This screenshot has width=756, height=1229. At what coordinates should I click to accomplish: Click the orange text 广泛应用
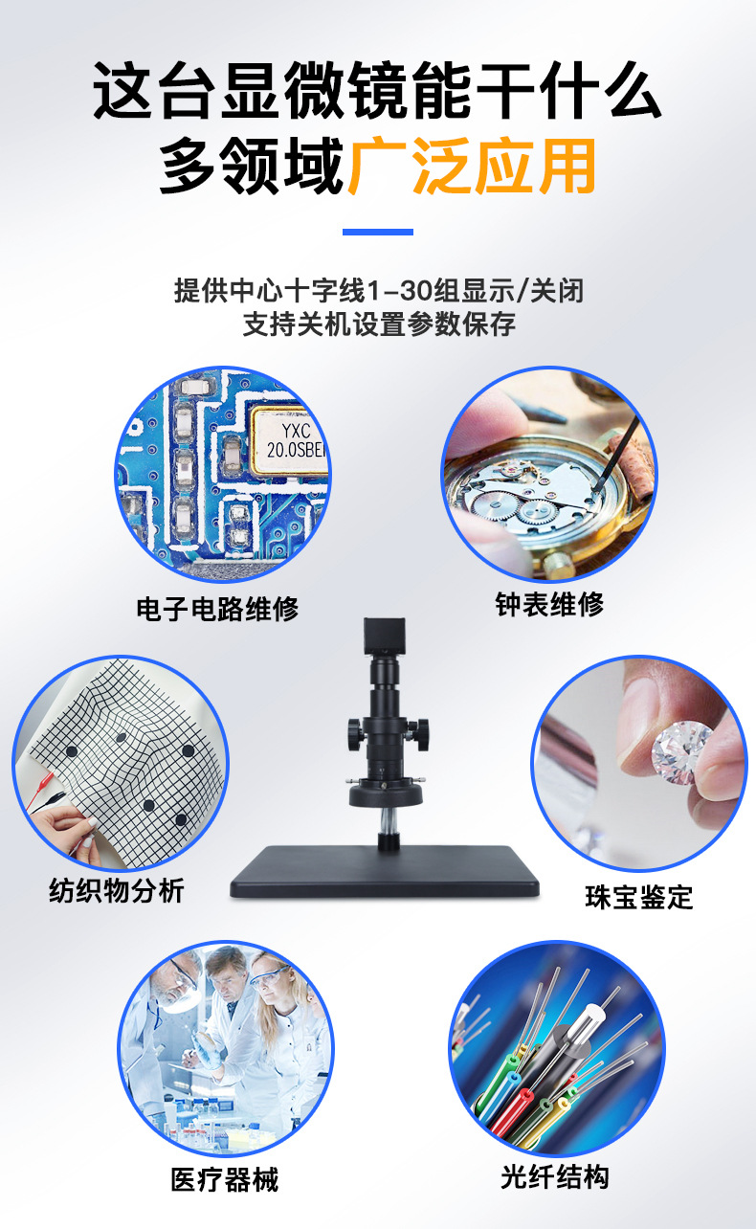[473, 166]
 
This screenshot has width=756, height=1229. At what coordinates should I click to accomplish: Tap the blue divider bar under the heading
[377, 232]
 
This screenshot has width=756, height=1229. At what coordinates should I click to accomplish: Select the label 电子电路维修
[217, 609]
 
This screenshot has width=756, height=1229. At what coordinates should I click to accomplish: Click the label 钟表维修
[549, 604]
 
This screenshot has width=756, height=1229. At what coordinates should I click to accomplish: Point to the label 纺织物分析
[117, 890]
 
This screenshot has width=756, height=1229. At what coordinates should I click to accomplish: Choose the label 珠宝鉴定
[639, 898]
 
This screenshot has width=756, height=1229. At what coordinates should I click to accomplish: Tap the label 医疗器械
[224, 1179]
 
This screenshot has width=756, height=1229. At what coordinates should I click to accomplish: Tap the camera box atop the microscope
[385, 637]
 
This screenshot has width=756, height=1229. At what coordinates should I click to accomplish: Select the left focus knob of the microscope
[355, 734]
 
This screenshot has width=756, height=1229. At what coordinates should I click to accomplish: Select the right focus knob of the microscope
[421, 734]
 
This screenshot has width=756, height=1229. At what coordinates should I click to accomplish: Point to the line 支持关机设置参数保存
[379, 324]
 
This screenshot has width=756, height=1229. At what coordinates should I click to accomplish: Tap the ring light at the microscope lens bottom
[386, 793]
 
